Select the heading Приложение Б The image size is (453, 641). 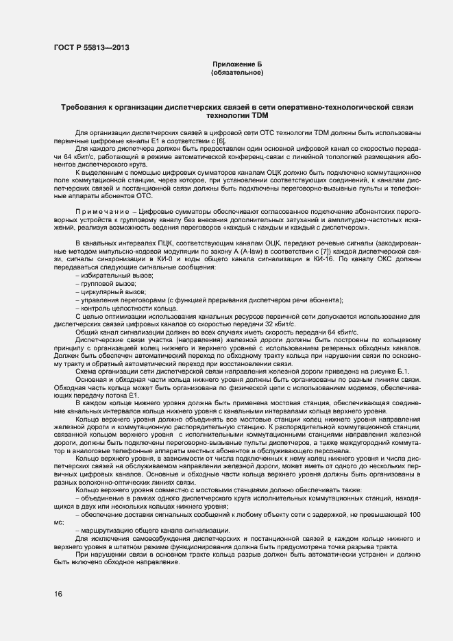tap(236, 63)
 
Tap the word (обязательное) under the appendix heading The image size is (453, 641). tap(236, 71)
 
